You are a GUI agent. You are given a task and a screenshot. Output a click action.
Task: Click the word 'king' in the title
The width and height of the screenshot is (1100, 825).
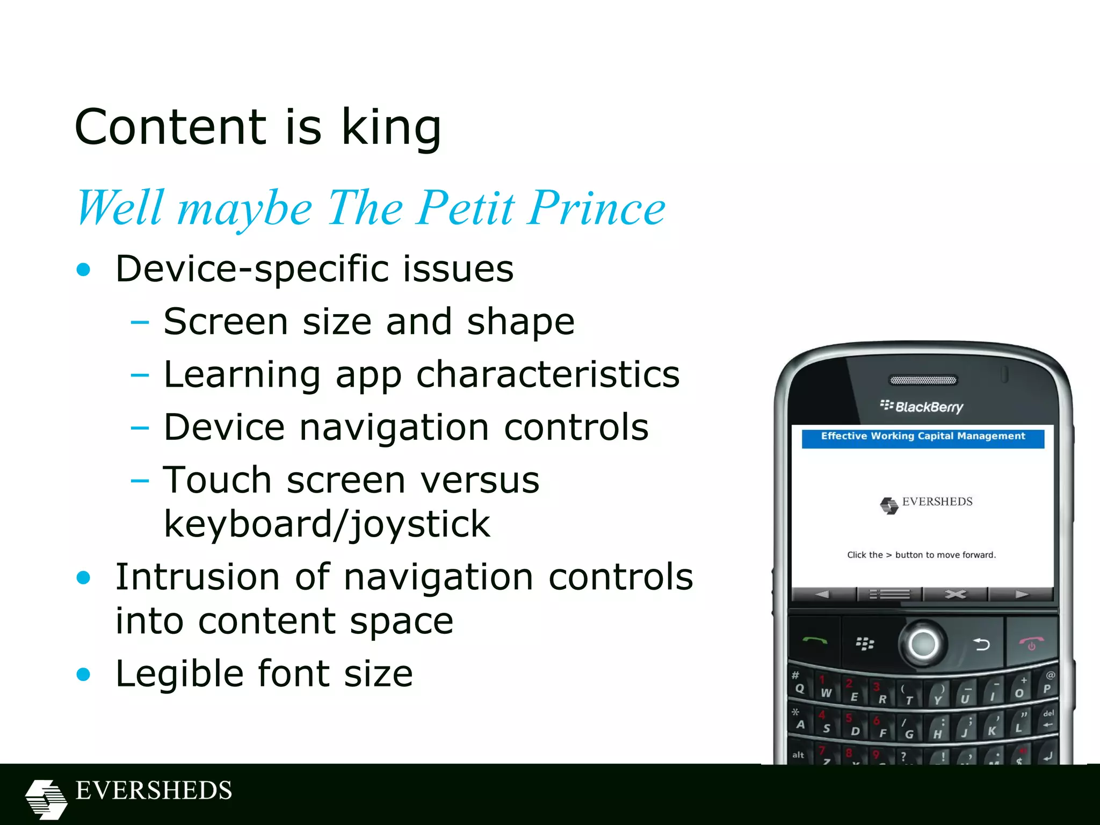pyautogui.click(x=391, y=127)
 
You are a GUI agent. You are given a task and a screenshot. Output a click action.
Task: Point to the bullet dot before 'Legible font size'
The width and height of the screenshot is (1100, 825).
pyautogui.click(x=83, y=674)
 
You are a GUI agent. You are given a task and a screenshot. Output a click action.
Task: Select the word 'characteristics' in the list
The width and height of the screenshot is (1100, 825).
pyautogui.click(x=548, y=374)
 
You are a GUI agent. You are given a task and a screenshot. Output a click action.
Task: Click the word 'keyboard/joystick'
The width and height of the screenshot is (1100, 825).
pyautogui.click(x=327, y=524)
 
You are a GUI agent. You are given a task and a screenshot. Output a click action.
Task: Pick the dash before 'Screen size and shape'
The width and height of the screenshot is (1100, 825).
pyautogui.click(x=140, y=322)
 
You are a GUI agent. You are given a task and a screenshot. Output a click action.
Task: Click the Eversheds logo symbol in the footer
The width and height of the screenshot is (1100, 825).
pyautogui.click(x=46, y=799)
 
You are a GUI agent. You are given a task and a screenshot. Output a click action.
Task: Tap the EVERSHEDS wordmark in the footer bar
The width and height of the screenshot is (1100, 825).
pyautogui.click(x=154, y=791)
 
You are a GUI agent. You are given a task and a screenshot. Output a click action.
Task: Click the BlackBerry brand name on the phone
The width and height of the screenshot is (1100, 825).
pyautogui.click(x=929, y=407)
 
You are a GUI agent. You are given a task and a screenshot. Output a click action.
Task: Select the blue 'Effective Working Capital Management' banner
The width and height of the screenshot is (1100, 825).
pyautogui.click(x=923, y=437)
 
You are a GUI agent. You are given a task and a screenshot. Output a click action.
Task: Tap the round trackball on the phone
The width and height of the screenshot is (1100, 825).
pyautogui.click(x=923, y=643)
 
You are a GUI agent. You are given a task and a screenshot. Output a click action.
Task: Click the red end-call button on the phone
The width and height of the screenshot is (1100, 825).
pyautogui.click(x=1031, y=642)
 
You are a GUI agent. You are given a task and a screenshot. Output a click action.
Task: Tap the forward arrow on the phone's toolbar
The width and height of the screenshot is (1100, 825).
pyautogui.click(x=1021, y=595)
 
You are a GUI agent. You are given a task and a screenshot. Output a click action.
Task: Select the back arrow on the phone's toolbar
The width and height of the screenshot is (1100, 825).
pyautogui.click(x=822, y=595)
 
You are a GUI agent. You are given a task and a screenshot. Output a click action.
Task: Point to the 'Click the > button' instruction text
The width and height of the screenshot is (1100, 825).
pyautogui.click(x=921, y=555)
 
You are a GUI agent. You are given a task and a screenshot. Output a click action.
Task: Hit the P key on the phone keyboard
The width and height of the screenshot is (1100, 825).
pyautogui.click(x=1047, y=689)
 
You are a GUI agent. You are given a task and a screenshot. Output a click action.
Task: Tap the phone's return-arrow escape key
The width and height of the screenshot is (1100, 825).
pyautogui.click(x=981, y=643)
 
